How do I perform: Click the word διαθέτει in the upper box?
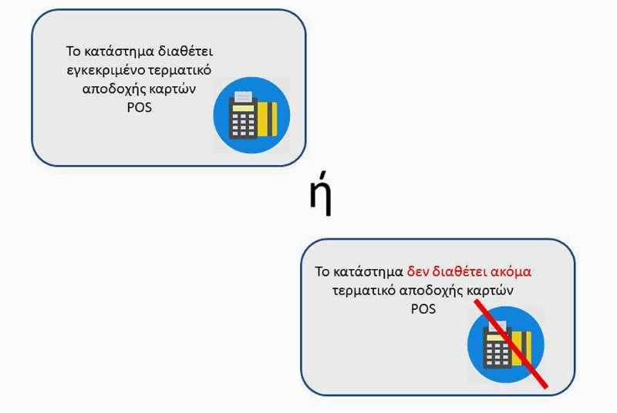(185, 51)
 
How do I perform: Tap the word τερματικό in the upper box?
(180, 70)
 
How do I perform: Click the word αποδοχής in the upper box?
(113, 89)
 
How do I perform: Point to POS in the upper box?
(140, 107)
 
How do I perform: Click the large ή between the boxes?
(320, 193)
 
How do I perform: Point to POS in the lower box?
(423, 308)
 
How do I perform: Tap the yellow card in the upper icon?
(268, 119)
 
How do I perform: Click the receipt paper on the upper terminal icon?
(243, 97)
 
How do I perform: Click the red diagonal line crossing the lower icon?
(511, 344)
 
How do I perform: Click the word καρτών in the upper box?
(172, 89)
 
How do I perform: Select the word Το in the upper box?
(73, 51)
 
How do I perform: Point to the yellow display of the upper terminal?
(243, 108)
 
